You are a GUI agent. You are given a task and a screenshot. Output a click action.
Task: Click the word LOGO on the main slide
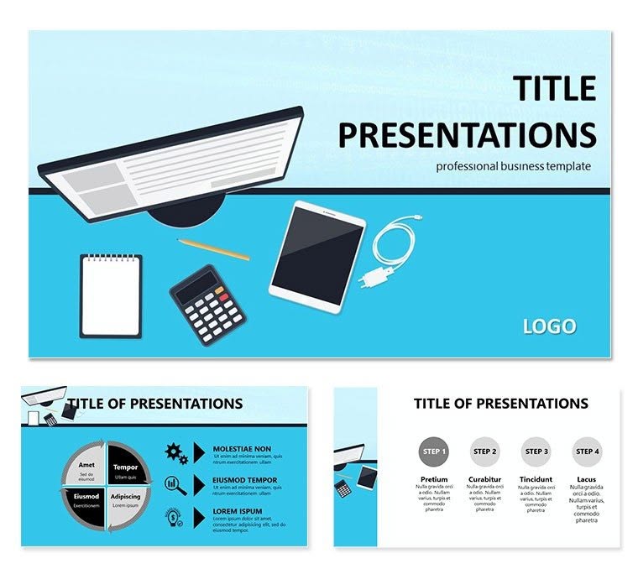[x=549, y=326]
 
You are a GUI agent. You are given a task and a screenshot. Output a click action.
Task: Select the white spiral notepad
[x=111, y=297]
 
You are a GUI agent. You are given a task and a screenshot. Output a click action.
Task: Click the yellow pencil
[x=213, y=249]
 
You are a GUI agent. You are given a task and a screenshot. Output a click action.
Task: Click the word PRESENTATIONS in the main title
[x=468, y=134]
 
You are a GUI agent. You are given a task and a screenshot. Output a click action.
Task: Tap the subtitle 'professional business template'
[x=513, y=166]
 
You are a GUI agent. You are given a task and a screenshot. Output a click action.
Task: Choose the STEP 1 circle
[x=433, y=452]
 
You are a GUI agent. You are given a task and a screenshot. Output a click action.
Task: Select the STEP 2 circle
[x=485, y=452]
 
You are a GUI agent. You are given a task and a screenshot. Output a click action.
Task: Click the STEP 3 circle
[x=536, y=452]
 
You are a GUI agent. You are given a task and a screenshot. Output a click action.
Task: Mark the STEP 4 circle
[x=588, y=452]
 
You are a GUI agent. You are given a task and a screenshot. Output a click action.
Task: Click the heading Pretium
[x=433, y=480]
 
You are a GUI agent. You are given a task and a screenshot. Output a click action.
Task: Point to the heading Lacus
[x=588, y=480]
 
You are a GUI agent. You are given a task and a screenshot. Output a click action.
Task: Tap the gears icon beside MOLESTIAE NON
[x=176, y=453]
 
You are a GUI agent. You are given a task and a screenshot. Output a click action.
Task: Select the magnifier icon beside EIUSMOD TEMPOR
[x=176, y=484]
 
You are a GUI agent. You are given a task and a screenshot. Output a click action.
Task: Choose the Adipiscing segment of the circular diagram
[x=125, y=500]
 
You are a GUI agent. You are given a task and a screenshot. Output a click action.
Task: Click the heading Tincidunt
[x=536, y=480]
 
